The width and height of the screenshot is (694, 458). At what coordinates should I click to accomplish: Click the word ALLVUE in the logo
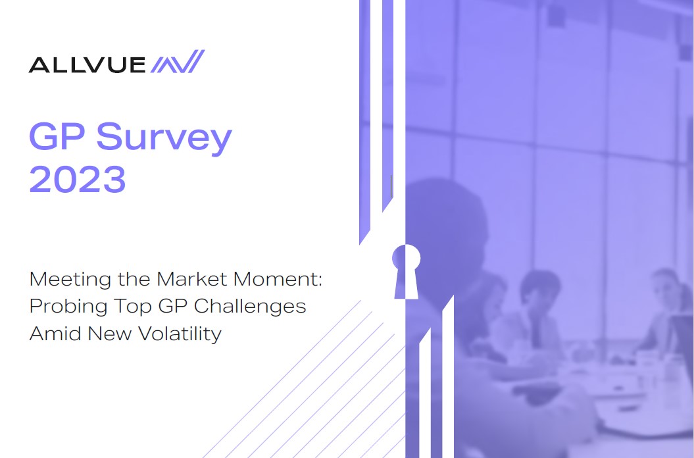(x=87, y=64)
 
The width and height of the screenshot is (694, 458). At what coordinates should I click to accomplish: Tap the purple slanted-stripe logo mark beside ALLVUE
(x=178, y=61)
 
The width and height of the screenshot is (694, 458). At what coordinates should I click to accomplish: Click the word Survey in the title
(x=164, y=138)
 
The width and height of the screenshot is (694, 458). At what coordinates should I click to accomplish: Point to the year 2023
(x=78, y=178)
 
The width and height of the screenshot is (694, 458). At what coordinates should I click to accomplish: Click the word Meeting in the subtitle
(x=70, y=280)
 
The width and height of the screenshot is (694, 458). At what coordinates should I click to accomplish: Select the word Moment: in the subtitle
(x=278, y=279)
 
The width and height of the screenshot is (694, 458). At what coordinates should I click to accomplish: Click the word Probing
(x=68, y=307)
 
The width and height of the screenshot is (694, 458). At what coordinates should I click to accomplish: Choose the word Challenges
(x=250, y=307)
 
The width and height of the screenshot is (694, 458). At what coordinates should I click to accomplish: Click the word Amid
(x=56, y=334)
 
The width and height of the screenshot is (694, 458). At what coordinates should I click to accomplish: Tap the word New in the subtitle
(x=110, y=334)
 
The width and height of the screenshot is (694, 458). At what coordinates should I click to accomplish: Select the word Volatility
(x=180, y=334)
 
